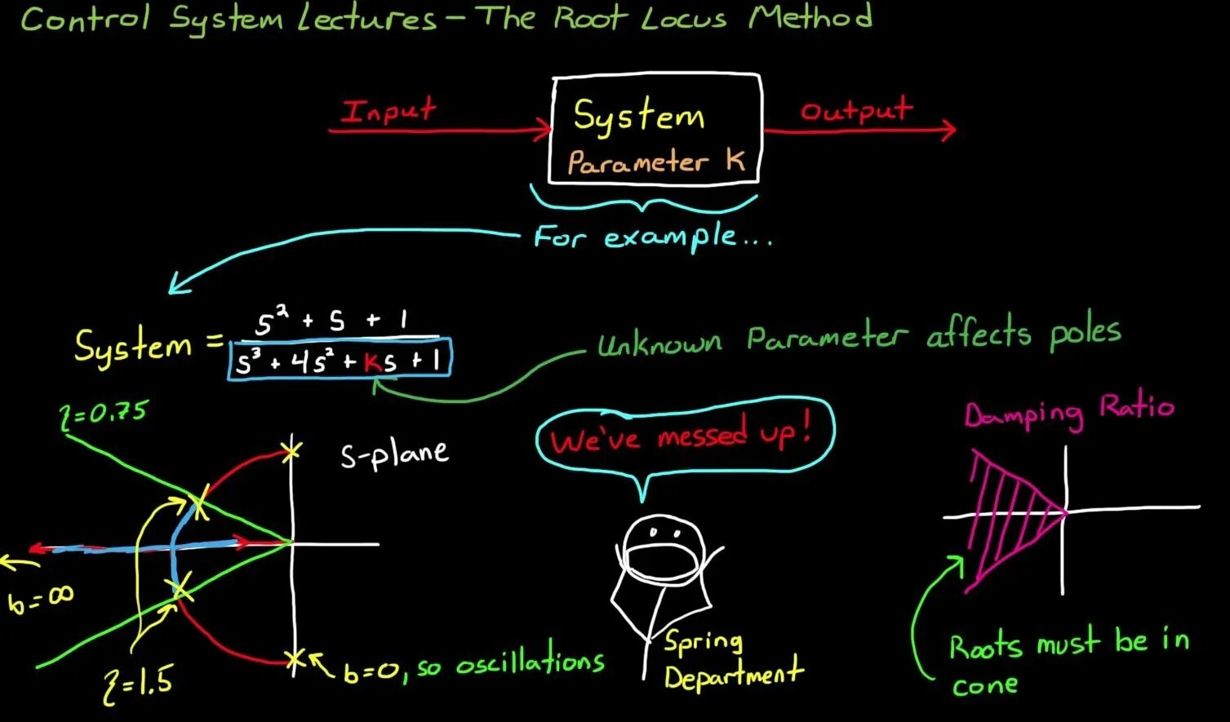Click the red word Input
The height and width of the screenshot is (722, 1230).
[389, 110]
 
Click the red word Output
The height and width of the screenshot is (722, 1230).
[855, 109]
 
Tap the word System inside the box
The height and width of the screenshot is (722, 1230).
[638, 116]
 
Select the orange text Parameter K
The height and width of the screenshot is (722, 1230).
[656, 162]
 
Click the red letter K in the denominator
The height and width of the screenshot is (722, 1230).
[373, 362]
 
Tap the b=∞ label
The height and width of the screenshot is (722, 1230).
[41, 600]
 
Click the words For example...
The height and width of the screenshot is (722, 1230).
[650, 237]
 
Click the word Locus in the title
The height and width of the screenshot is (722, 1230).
[683, 18]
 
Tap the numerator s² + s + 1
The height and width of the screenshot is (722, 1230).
[331, 321]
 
